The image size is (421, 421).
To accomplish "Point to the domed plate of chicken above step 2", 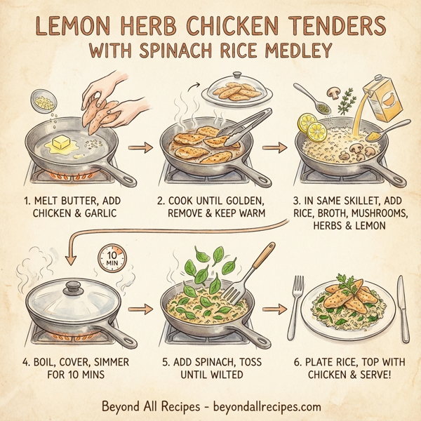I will click(237, 89).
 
